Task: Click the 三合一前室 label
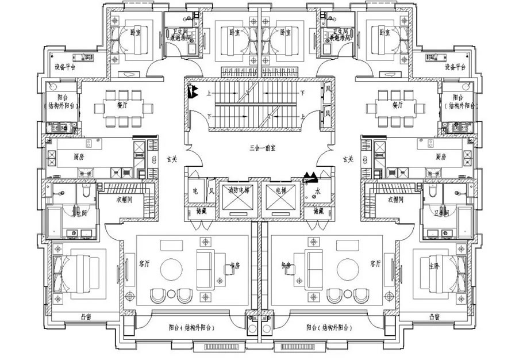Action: coord(262,148)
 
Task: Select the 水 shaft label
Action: coord(318,190)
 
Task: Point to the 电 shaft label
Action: coord(195,190)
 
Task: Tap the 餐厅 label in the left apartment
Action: coord(121,105)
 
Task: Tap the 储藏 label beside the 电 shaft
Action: coord(193,211)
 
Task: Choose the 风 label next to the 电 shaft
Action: coord(211,190)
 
